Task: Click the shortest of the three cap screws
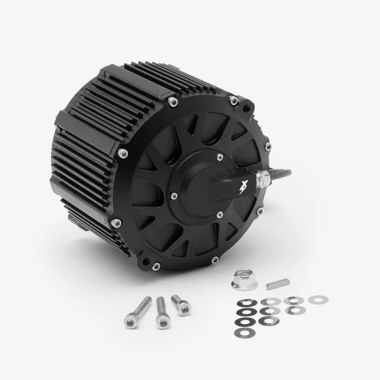[x=180, y=305]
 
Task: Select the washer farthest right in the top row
[x=315, y=300]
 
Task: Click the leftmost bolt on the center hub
[x=174, y=196]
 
